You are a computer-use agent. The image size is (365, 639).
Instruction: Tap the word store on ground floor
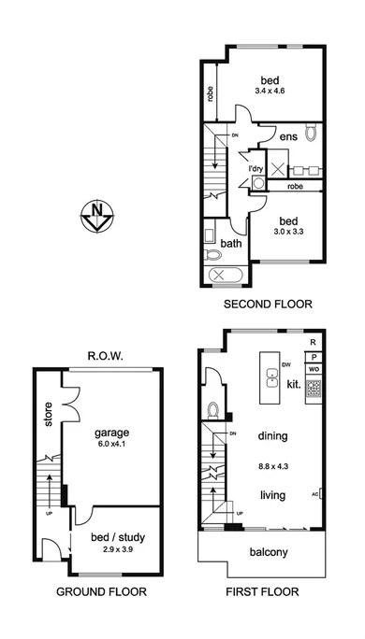(x=48, y=415)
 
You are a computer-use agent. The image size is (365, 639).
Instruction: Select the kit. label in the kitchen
(x=293, y=384)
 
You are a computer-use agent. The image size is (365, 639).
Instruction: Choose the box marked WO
(x=314, y=370)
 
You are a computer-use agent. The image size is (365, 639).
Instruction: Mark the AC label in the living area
(x=315, y=495)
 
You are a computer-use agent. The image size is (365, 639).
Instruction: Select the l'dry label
(x=255, y=168)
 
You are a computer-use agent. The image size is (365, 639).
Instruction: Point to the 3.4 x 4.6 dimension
(x=268, y=90)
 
